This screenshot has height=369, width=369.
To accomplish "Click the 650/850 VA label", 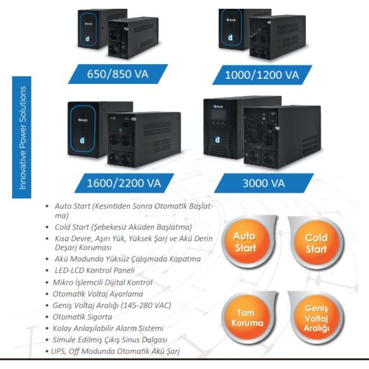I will [x=118, y=74].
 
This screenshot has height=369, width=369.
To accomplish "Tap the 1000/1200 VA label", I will [x=262, y=75].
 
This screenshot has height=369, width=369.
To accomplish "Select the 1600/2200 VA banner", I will [x=124, y=183].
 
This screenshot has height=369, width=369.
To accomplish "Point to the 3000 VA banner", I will [x=263, y=183].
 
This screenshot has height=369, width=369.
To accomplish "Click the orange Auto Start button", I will [x=244, y=242].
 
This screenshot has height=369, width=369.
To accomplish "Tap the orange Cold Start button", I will [x=316, y=243].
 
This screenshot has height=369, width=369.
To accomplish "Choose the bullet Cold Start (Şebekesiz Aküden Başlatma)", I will [x=123, y=227].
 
